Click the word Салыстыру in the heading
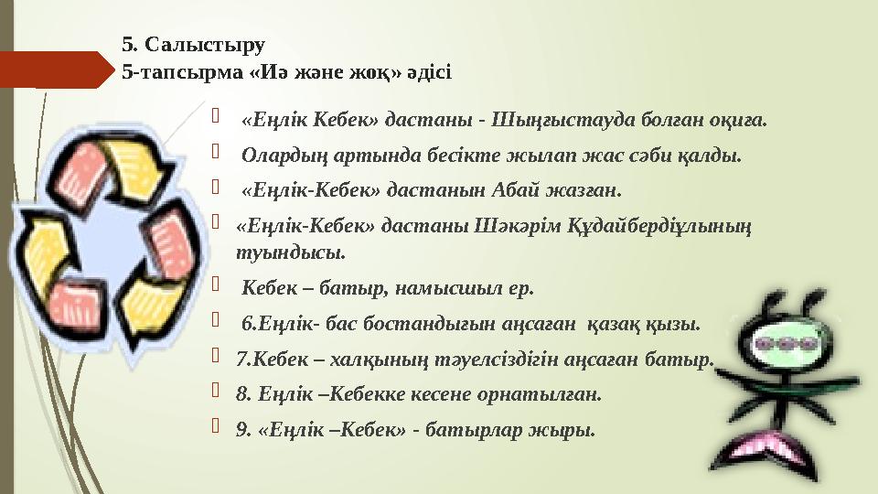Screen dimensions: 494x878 point(202,44)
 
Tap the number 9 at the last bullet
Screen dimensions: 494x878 point(241,430)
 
